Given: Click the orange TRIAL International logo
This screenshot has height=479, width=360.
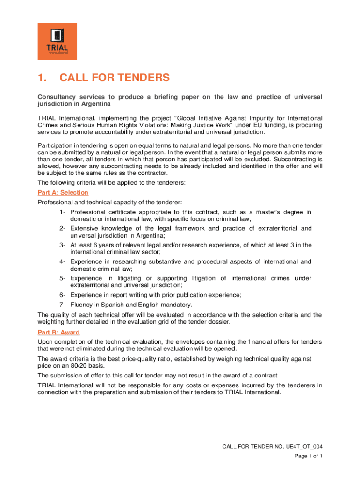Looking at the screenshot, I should pos(57,41).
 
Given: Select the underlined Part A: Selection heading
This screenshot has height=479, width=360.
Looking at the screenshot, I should pos(63,193).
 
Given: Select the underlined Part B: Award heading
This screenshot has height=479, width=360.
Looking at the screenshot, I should pos(58,332).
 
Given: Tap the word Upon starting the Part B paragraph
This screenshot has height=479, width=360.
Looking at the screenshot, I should pos(45,341).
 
